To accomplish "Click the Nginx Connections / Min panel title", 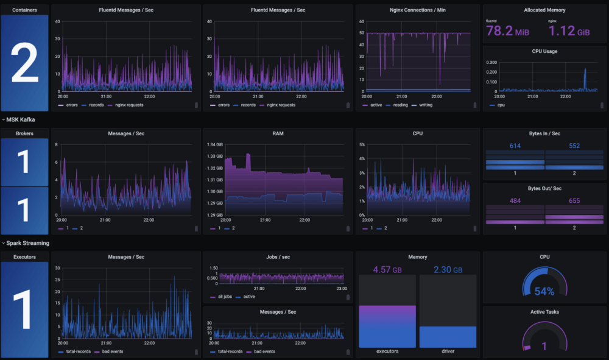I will [x=417, y=10].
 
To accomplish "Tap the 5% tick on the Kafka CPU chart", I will [x=362, y=144].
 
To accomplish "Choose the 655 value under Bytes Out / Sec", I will [x=574, y=201].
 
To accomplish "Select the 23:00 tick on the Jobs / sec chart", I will [x=342, y=289].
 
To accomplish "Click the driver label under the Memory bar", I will [x=448, y=351].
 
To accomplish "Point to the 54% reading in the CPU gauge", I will [x=544, y=291].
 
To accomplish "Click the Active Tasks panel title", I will [x=544, y=312].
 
